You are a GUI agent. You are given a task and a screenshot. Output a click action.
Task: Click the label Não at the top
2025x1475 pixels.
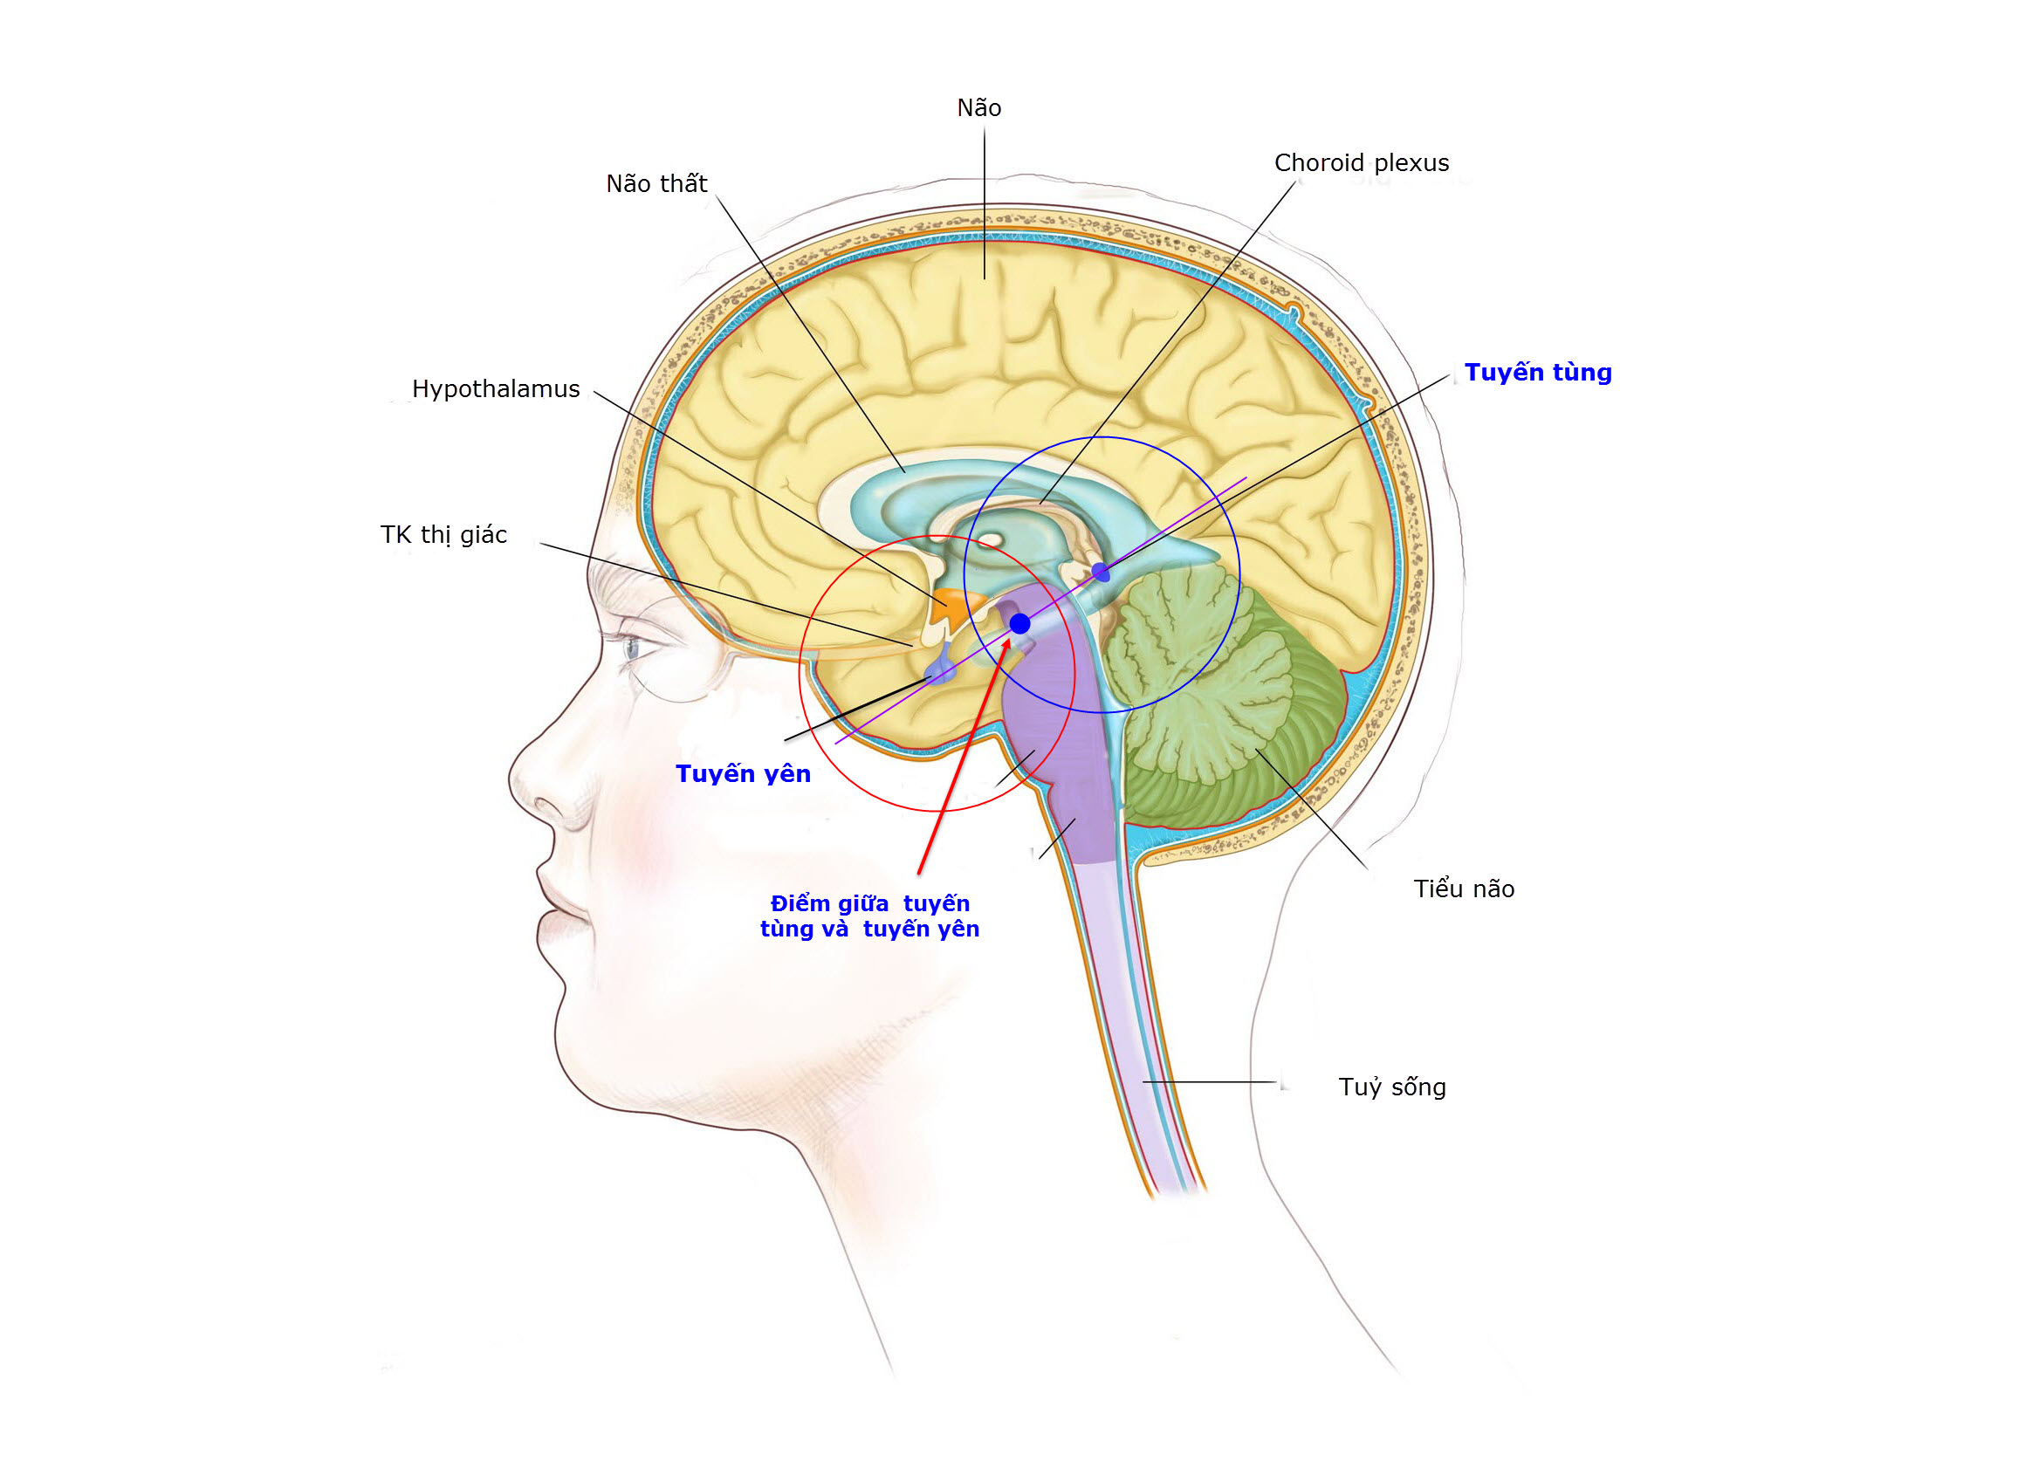(978, 108)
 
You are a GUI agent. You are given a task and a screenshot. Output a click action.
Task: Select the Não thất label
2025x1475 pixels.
(656, 184)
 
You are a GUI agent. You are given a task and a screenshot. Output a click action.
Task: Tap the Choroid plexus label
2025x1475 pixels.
(1361, 163)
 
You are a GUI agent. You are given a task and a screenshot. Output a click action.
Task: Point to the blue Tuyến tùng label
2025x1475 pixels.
(1537, 373)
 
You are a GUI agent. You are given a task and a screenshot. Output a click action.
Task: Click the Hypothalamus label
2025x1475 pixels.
(496, 389)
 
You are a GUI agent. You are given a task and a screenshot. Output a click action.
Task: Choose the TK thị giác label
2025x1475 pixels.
(443, 535)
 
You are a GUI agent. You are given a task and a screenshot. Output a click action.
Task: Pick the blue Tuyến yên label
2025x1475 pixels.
(743, 774)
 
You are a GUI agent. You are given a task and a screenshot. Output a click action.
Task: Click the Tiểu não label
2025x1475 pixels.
(1464, 889)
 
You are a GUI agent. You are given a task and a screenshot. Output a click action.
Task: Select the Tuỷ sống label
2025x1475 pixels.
(1392, 1087)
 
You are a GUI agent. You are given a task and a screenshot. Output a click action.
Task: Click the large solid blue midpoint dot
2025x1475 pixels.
(1019, 623)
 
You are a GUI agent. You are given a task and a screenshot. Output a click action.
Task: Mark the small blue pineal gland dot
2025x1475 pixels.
(1101, 573)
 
